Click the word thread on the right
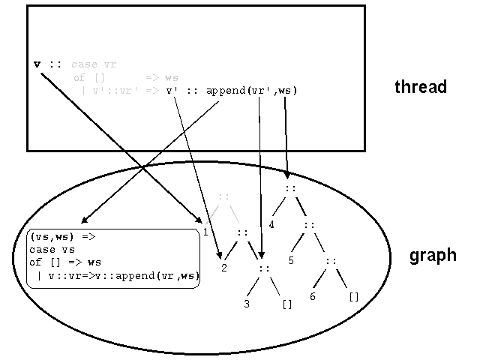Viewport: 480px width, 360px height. coord(421,87)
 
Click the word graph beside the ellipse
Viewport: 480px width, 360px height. coord(432,255)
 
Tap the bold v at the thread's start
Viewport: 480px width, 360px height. coord(37,64)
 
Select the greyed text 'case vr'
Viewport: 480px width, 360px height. coord(94,64)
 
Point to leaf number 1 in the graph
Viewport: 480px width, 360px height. coord(205,232)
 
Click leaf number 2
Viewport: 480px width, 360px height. coord(223,267)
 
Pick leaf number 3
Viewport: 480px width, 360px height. coord(247,304)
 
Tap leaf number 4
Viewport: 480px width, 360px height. coord(272,223)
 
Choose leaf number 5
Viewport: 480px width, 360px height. coord(292,260)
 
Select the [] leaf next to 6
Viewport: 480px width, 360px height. coord(354,296)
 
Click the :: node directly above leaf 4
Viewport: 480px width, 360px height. coord(290,187)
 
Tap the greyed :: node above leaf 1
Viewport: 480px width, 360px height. coord(223,196)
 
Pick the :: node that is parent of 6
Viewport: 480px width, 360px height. coord(331,260)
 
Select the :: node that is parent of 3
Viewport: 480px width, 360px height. coord(263,268)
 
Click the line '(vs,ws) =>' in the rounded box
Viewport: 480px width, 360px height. coord(62,235)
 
